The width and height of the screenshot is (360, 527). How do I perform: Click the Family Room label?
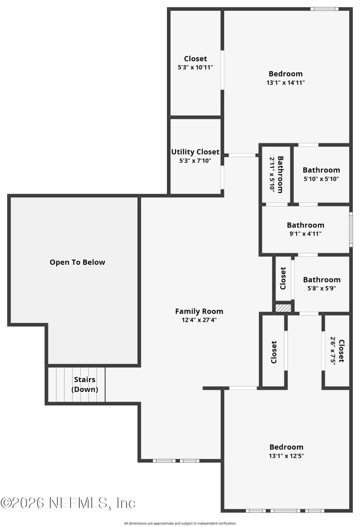click(x=199, y=311)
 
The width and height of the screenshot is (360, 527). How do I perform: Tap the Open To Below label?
click(x=77, y=262)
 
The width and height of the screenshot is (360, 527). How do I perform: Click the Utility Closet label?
click(x=195, y=152)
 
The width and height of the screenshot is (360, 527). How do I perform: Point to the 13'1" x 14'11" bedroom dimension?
click(x=286, y=83)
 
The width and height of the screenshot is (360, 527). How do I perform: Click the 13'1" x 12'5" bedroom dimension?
click(x=286, y=456)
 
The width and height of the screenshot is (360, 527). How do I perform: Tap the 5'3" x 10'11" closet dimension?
click(x=195, y=67)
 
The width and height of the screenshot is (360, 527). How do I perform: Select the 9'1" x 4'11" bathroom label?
click(x=306, y=225)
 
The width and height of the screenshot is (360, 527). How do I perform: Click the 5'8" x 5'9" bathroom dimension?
click(x=321, y=288)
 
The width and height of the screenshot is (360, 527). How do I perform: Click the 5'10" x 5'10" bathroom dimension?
click(x=321, y=179)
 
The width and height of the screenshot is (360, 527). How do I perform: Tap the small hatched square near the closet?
click(x=283, y=308)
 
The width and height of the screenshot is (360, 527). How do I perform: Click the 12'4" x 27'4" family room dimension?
click(x=199, y=320)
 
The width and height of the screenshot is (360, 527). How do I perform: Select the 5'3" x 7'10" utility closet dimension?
click(x=195, y=161)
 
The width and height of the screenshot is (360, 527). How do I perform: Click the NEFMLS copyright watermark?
click(x=67, y=502)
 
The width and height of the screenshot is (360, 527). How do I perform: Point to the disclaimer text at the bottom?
click(x=180, y=523)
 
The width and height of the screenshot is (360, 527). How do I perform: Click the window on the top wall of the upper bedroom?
click(x=324, y=9)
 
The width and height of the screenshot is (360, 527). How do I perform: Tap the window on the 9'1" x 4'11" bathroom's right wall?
click(x=351, y=229)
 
